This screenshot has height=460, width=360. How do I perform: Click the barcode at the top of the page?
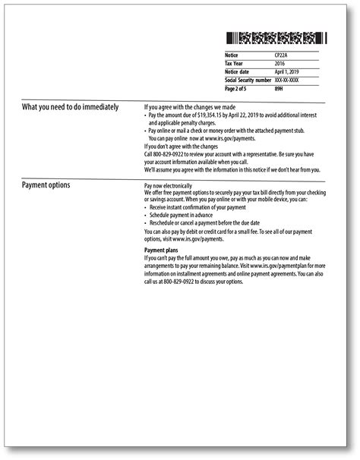click(275, 38)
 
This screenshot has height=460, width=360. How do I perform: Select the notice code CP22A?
click(282, 55)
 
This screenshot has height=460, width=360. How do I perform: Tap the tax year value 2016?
click(279, 64)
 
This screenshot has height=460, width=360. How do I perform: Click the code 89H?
click(278, 88)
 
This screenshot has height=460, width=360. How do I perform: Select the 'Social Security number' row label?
click(248, 80)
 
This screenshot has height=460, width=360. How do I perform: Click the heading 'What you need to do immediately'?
click(70, 107)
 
